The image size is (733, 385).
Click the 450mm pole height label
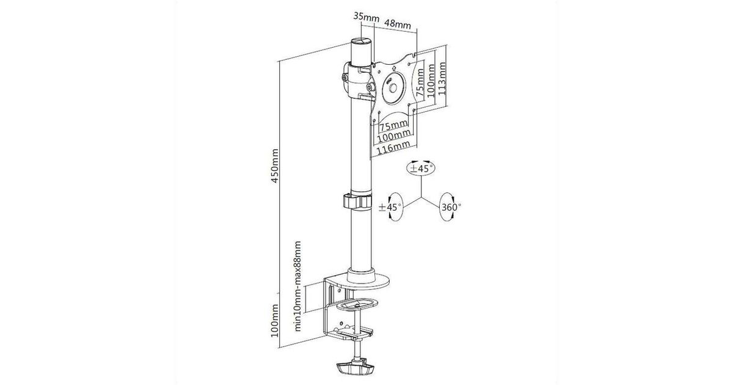tap(275, 166)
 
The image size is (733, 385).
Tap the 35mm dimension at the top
tap(366, 16)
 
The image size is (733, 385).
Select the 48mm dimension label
tap(397, 24)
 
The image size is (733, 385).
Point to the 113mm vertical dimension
tap(442, 79)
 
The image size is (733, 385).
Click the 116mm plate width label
tap(393, 148)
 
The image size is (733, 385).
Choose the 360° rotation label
tap(451, 207)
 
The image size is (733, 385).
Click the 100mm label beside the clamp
tap(275, 321)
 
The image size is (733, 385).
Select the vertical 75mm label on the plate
tap(420, 82)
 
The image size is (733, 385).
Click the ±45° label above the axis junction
tap(421, 169)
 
